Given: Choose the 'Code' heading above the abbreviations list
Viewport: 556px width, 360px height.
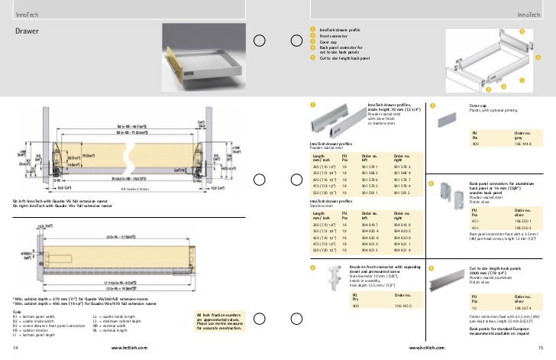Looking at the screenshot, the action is point(17,311).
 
